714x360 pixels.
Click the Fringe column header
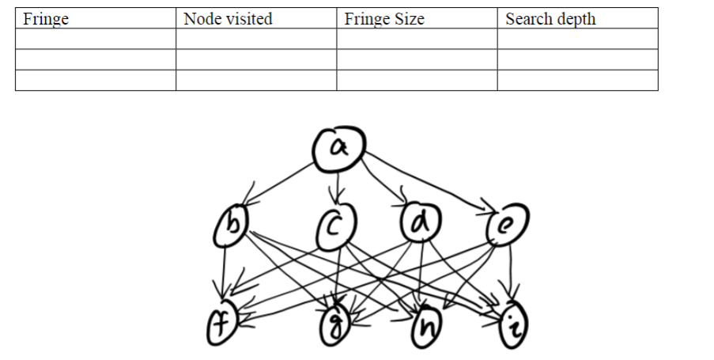point(46,19)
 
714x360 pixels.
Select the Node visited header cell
point(228,19)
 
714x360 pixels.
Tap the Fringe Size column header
point(384,19)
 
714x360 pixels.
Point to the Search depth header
point(550,19)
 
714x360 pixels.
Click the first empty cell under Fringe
point(96,39)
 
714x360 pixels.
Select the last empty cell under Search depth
point(577,80)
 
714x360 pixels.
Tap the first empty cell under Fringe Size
point(417,39)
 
